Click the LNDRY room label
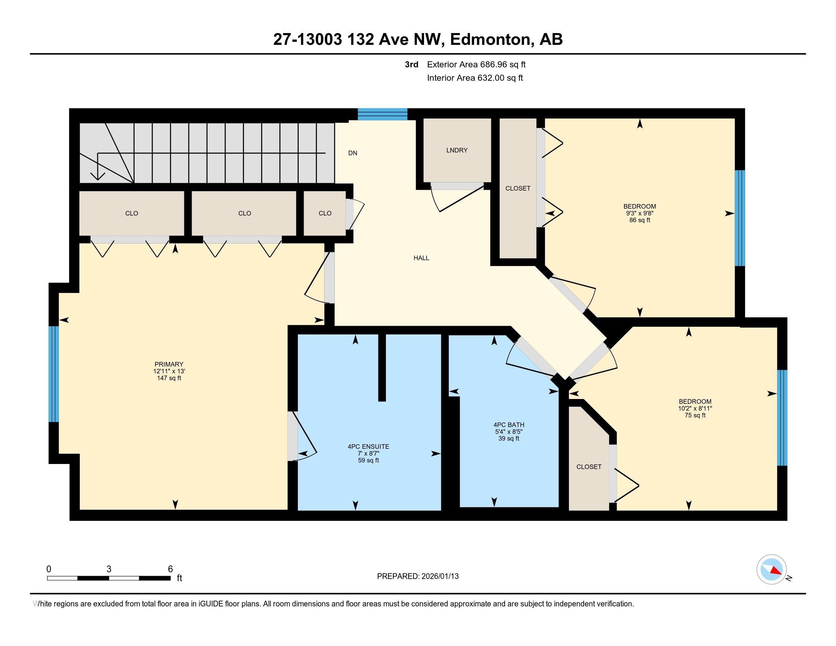[457, 150]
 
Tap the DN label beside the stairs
[353, 153]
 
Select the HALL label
[421, 258]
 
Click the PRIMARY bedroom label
[169, 364]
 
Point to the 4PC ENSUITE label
[368, 446]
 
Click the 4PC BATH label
[509, 425]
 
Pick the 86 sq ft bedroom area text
[640, 220]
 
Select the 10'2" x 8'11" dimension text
[695, 408]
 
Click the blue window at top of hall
[382, 114]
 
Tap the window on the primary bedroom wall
[54, 374]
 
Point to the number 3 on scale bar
[109, 569]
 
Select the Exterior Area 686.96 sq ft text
[476, 65]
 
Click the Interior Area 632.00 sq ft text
[475, 78]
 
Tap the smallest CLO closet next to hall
[325, 214]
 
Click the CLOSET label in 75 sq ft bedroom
[589, 467]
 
